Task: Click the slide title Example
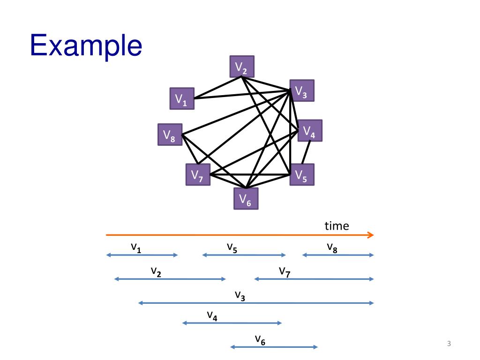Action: point(86,45)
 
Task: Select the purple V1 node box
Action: point(182,98)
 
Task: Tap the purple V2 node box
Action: point(242,67)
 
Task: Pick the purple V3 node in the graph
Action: point(302,90)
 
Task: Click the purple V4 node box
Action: point(310,130)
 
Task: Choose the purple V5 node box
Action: point(302,174)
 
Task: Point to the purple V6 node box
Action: point(246,198)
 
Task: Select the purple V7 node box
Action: point(198,174)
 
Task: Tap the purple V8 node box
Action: point(170,135)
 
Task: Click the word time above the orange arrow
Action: point(337,226)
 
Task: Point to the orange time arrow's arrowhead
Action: point(371,235)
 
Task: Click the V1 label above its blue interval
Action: point(136,247)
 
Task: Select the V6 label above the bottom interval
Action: point(260,340)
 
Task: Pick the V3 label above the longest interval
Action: point(240,296)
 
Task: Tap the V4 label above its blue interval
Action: point(212,315)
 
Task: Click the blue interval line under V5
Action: point(244,255)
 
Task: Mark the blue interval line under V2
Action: point(170,279)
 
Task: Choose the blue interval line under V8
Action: point(338,255)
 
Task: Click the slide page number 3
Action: point(449,344)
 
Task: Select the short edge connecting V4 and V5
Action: point(306,152)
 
